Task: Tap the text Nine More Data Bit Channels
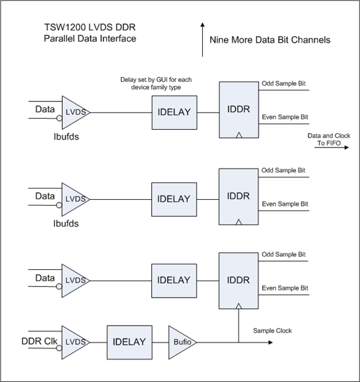coord(270,40)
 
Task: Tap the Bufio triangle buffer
coord(181,341)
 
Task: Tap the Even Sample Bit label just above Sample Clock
coord(286,288)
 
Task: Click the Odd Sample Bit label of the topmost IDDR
coord(286,84)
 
